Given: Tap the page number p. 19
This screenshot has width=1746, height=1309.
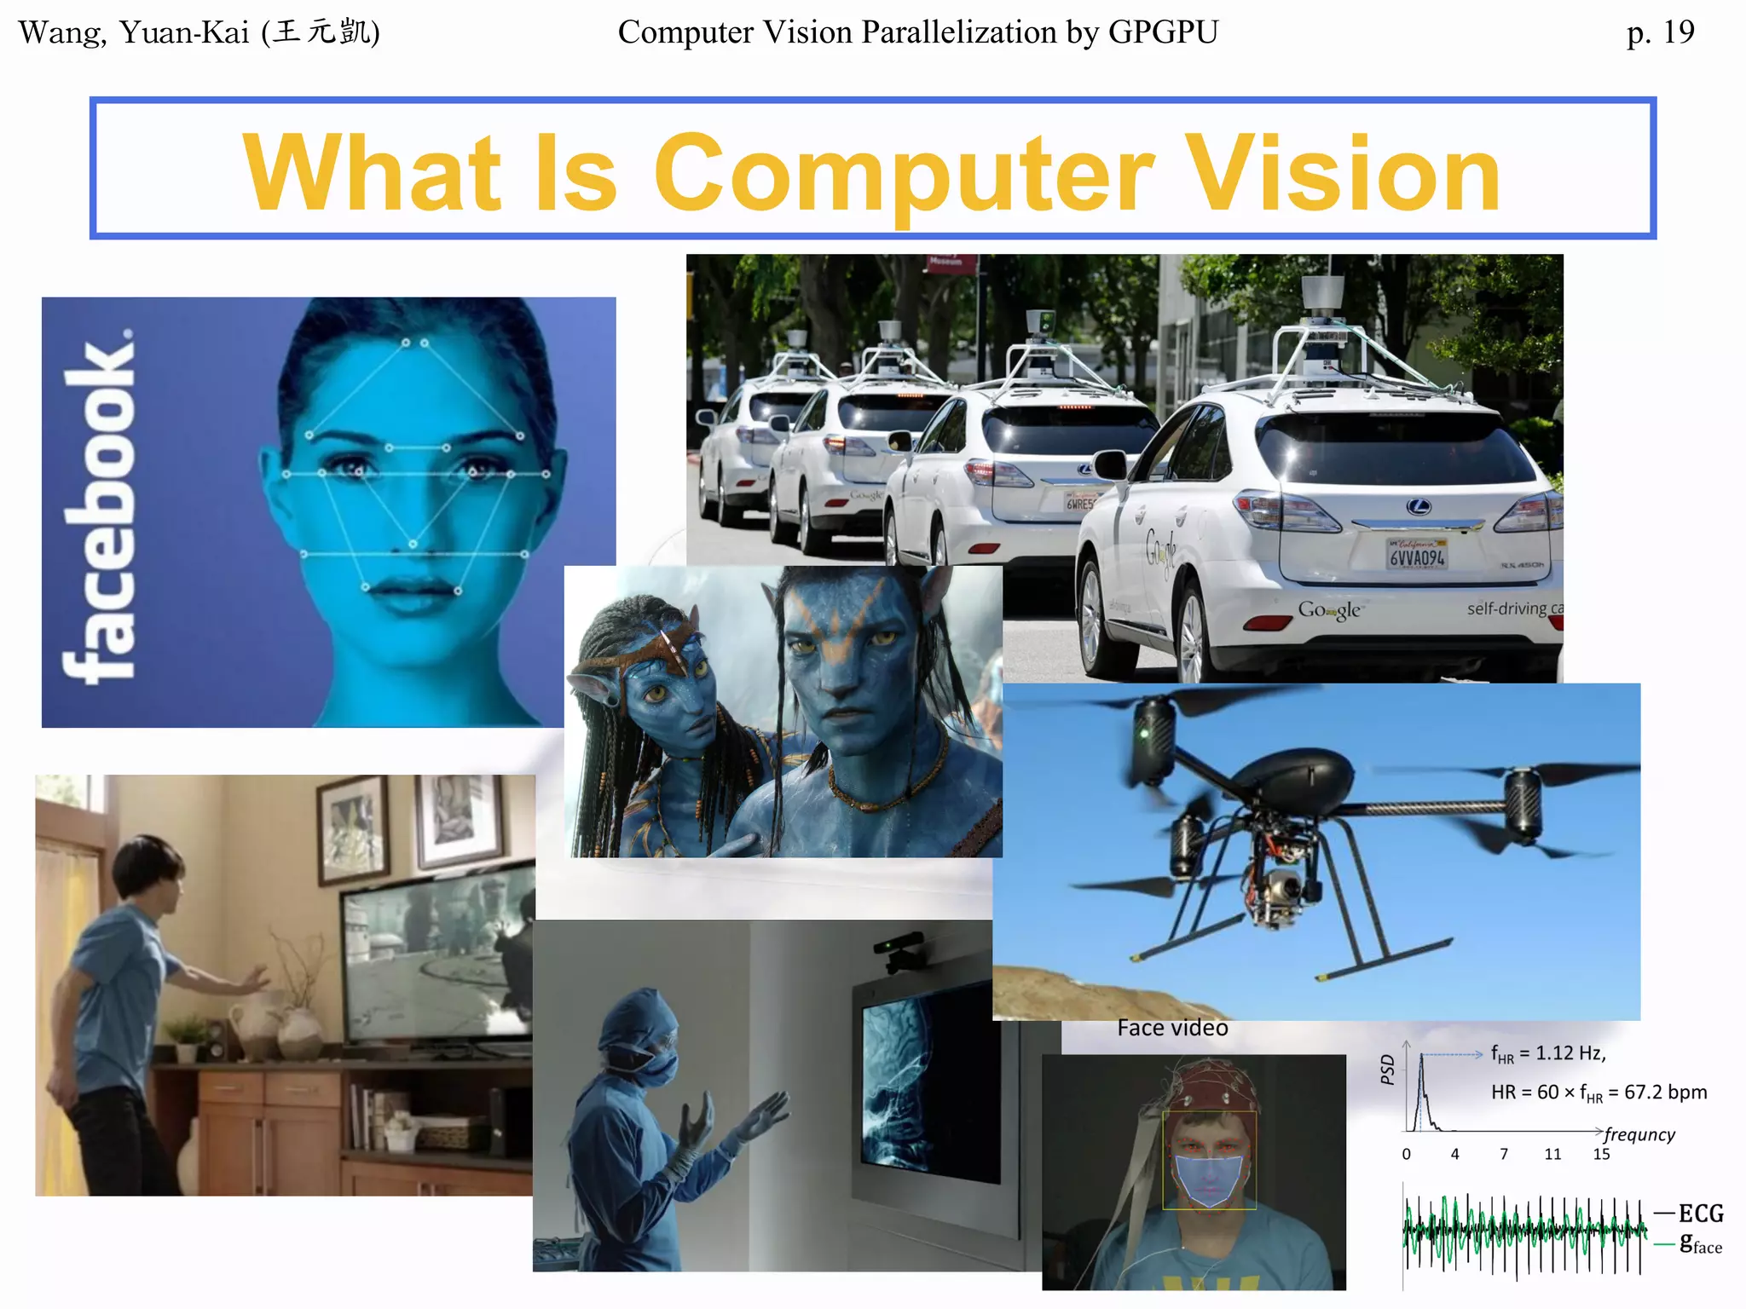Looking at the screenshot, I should tap(1660, 32).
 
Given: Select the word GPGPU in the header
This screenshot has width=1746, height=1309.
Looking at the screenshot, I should tap(1163, 32).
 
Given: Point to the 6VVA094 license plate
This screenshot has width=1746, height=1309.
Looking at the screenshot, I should tap(1416, 556).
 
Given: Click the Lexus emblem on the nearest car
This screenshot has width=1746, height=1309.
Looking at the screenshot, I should tap(1418, 507).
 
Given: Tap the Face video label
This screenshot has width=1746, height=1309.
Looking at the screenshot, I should tap(1172, 1029).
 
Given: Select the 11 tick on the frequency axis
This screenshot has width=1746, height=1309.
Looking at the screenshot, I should tap(1552, 1155).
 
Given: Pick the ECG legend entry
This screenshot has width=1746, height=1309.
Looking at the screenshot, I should tap(1700, 1214).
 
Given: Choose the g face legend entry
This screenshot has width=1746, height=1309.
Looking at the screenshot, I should tap(1700, 1244).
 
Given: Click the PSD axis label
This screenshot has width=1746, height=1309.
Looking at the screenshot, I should tap(1387, 1070).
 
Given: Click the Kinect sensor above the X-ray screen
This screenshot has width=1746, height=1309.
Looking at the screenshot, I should tap(899, 952).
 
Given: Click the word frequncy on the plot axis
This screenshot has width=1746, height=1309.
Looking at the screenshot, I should tap(1639, 1134).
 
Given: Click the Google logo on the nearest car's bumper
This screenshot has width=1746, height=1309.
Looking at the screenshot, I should tap(1328, 610).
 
